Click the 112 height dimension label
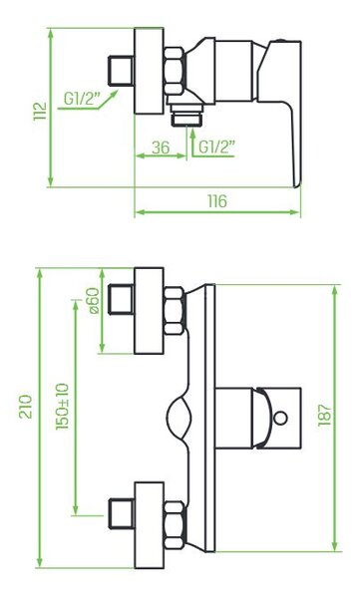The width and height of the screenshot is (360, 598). tap(40, 111)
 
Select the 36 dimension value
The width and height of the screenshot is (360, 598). tap(161, 148)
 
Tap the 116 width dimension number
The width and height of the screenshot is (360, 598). tap(217, 201)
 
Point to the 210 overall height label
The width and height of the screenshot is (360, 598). tap(26, 407)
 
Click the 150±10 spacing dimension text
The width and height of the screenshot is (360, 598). tap(62, 407)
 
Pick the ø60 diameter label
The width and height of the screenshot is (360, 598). tap(94, 301)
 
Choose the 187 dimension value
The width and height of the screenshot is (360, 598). tap(325, 415)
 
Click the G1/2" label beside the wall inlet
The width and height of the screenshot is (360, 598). tap(82, 99)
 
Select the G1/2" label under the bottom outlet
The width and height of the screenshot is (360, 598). tap(216, 148)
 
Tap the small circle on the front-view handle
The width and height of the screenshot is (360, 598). tap(281, 418)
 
